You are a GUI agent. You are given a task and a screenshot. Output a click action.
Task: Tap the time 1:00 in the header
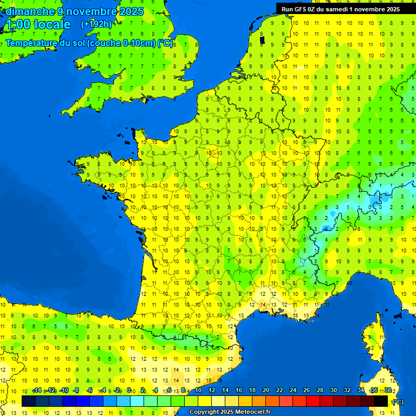18,25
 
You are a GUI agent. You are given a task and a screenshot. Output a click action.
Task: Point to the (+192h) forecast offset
96,24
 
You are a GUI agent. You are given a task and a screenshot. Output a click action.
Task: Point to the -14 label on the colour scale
37,391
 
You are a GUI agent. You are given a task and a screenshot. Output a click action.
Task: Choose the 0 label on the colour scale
129,391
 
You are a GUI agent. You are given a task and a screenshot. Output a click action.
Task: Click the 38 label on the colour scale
388,391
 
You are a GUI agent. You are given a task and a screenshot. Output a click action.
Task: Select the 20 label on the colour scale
265,391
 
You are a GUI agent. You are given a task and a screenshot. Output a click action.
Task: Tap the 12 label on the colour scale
211,391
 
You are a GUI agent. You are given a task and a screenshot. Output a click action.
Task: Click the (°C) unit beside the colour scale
398,402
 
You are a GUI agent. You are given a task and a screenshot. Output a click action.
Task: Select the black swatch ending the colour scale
381,401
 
